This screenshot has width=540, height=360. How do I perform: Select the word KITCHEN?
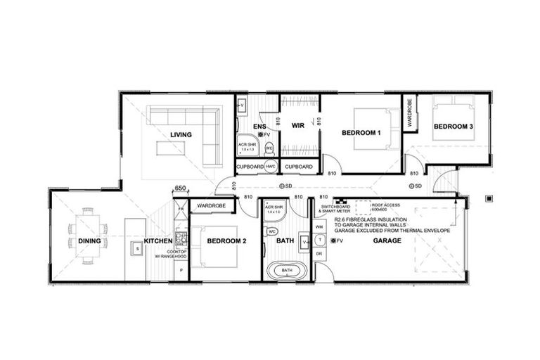click(158, 241)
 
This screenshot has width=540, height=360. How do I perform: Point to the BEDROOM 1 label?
click(361, 133)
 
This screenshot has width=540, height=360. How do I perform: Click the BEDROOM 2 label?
click(226, 241)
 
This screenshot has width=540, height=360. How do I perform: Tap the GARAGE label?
click(387, 241)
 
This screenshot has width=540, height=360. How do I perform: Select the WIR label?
click(297, 127)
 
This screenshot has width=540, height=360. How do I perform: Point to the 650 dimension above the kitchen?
click(180, 188)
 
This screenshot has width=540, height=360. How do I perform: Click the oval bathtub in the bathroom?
click(287, 270)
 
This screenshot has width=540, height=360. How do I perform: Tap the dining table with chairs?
click(88, 235)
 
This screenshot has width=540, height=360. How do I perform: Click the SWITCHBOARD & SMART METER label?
click(334, 210)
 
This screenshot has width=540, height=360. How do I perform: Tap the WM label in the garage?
click(319, 227)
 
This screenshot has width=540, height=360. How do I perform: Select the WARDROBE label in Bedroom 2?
click(210, 205)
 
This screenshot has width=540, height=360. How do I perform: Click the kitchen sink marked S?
click(138, 247)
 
